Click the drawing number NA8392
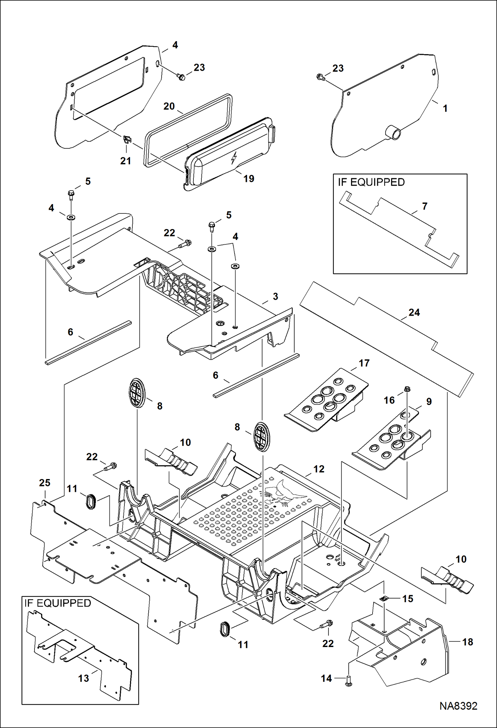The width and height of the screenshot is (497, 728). [x=458, y=706]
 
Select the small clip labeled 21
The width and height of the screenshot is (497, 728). [x=127, y=139]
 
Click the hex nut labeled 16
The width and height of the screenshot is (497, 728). [x=408, y=388]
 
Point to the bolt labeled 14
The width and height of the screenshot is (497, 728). [x=348, y=681]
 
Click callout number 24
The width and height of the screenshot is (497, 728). [x=414, y=312]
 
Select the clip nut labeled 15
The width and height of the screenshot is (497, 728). [x=384, y=599]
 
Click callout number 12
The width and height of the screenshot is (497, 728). [x=319, y=469]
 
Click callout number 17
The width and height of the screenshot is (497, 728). [x=364, y=363]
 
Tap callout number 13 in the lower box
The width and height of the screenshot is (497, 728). [x=84, y=678]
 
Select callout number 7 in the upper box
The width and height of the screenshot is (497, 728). [x=425, y=206]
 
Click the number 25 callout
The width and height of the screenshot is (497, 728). [x=44, y=483]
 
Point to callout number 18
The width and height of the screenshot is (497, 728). [x=467, y=642]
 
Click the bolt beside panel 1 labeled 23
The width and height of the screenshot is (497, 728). [x=320, y=77]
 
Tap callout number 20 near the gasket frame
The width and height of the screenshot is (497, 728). [x=169, y=106]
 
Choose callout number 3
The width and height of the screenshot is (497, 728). [x=275, y=296]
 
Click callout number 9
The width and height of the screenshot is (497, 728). [x=429, y=402]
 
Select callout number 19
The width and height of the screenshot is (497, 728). [x=248, y=179]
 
